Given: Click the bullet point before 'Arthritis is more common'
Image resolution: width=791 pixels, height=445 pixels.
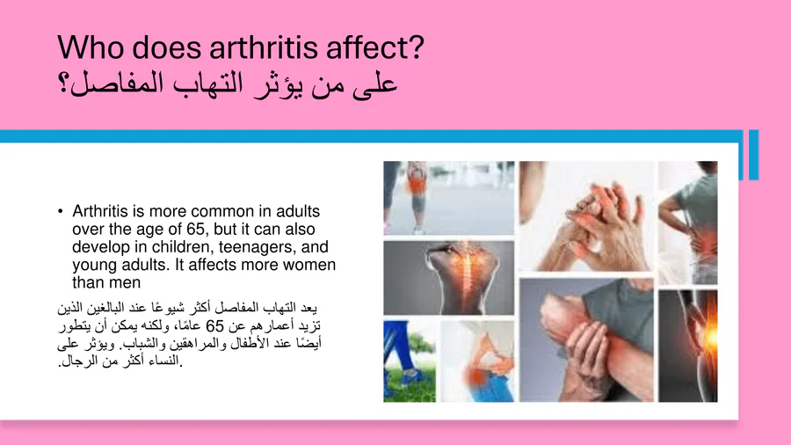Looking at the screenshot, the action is [x=61, y=211].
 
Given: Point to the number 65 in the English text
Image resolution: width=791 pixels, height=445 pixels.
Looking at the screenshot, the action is [x=195, y=229].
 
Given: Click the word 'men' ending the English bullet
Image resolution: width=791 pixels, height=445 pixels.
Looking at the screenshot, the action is [x=126, y=282].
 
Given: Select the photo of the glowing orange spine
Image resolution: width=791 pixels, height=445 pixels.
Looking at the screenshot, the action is [x=449, y=278].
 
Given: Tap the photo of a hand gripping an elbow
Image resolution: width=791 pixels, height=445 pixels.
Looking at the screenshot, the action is [x=586, y=340].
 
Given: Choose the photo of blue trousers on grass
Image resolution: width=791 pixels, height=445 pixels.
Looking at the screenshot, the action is [x=410, y=361].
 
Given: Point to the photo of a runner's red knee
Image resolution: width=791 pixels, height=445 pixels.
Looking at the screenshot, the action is [x=449, y=198].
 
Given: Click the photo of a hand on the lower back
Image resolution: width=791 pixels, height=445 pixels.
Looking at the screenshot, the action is [x=688, y=222].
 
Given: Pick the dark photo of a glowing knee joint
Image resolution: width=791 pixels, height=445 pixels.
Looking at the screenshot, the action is [x=688, y=347].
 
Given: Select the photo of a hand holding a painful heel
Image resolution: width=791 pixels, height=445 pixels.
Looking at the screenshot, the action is [x=477, y=361].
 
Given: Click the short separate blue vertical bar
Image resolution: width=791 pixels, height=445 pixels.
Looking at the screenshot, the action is [x=754, y=155].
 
